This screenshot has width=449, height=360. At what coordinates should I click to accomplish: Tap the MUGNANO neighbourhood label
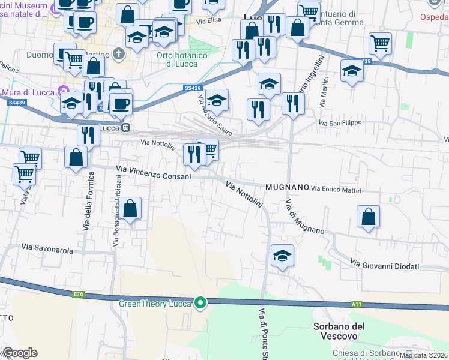pos(285,187)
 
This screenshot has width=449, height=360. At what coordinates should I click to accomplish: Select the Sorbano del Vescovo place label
pos(339,331)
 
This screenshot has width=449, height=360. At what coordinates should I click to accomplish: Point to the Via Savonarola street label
pos(47,247)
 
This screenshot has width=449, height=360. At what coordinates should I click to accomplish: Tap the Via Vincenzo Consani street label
pos(154,176)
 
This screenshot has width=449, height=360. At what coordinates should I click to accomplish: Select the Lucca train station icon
pos(126,128)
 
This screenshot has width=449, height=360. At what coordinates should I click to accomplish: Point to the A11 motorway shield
pos(357,304)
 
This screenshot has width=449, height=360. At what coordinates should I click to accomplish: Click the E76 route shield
pos(78,294)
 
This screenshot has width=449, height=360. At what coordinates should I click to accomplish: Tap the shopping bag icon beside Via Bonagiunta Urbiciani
pos(131,209)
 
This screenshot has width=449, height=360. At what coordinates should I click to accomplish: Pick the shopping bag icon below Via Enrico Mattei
pos(368,217)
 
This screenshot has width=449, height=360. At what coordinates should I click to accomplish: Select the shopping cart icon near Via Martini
pos(381,43)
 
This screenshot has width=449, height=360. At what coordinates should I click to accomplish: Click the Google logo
pos(20,353)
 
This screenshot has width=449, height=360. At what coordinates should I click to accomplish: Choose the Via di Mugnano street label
pos(305,217)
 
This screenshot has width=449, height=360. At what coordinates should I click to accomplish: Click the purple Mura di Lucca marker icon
pos(62,92)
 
